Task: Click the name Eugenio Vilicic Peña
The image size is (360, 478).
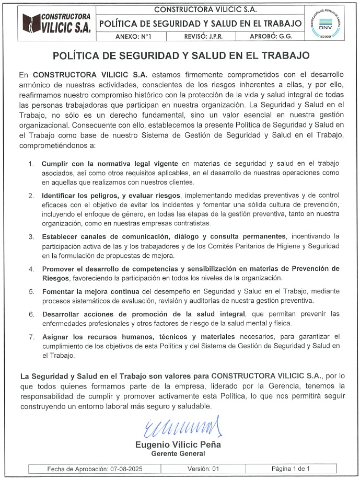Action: [x=178, y=445]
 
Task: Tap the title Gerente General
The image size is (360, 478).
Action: [x=178, y=453]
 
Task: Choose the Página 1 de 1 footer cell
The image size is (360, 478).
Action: [x=291, y=469]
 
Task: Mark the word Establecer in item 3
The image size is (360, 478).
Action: [x=61, y=236]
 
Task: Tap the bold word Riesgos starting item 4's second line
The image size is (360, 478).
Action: [x=55, y=277]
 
